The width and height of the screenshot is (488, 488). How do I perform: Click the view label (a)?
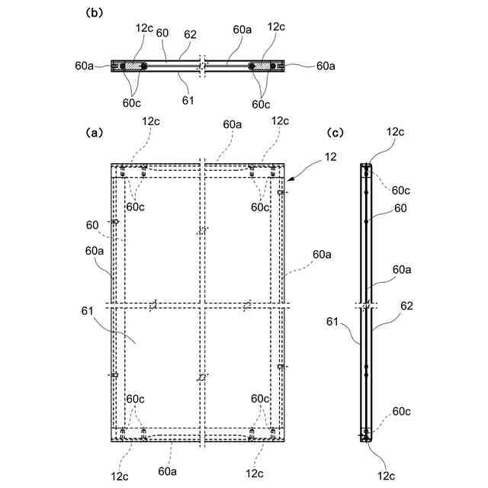click(x=95, y=132)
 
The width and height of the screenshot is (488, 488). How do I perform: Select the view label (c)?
click(x=335, y=132)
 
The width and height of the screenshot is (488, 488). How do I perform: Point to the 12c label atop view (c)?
click(x=395, y=132)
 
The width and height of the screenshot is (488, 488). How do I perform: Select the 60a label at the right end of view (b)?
click(x=326, y=66)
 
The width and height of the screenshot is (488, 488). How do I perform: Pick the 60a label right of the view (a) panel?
click(x=321, y=254)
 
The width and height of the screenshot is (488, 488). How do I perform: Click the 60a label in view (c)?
click(x=403, y=269)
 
